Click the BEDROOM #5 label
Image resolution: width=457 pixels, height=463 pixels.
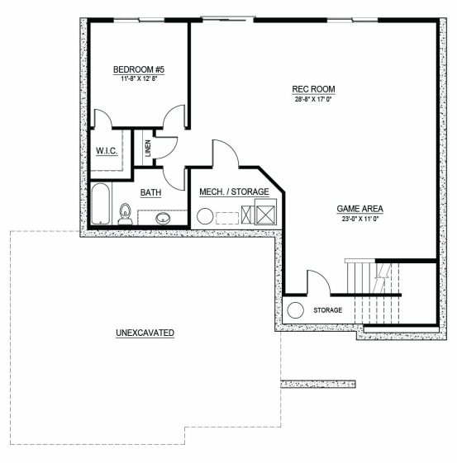(x=139, y=69)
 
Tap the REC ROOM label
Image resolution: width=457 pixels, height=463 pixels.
(x=314, y=89)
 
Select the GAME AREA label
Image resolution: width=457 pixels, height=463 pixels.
(x=360, y=209)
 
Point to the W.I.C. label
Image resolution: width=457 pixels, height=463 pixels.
(x=107, y=151)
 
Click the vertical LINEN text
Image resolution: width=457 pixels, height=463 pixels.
(x=148, y=149)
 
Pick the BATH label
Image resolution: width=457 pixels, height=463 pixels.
(x=150, y=192)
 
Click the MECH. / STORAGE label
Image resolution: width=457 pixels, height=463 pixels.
(x=234, y=192)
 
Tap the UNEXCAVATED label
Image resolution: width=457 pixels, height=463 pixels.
(x=145, y=333)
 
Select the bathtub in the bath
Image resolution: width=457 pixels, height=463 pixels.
(x=101, y=204)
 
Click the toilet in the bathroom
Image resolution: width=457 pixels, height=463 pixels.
(x=126, y=214)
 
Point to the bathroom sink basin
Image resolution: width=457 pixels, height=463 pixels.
(x=163, y=218)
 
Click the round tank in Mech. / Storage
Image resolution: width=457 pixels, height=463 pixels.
(x=205, y=216)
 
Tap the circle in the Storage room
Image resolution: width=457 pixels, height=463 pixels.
(x=295, y=310)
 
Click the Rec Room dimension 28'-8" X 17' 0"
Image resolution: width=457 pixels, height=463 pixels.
(x=314, y=99)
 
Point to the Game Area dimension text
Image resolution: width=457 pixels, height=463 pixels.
(x=360, y=219)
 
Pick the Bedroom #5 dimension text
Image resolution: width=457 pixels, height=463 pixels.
(x=139, y=79)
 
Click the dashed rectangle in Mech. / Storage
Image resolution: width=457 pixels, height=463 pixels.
(x=227, y=218)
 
